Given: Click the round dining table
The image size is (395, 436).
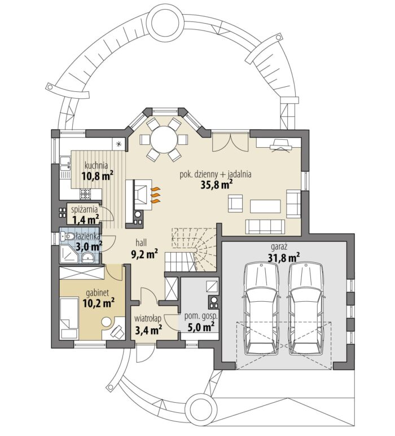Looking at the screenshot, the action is pos(164,139).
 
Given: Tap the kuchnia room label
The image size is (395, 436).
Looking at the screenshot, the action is pos(96,165).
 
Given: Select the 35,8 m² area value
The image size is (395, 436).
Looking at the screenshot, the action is pos(217,184).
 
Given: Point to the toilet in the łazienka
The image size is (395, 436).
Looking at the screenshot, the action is pos(68,236).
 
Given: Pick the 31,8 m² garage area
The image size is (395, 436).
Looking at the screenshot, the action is pos(284,257).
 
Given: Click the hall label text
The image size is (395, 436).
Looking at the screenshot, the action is pos(141,242).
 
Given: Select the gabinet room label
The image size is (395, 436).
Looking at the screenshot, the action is pos(98,293).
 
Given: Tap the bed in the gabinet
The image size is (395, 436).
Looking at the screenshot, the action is pos(69,318).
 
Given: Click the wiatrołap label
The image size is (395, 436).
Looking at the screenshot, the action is pos(148,318).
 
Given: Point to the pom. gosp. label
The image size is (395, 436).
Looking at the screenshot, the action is pos(201,316).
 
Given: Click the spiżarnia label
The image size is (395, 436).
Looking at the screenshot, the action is pos(84,209).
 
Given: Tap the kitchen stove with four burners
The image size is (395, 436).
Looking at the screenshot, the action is pos(85,194).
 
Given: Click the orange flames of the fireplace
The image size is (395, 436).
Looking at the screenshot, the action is pos(156,195).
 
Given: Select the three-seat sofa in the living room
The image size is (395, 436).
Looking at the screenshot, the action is pos(265,227).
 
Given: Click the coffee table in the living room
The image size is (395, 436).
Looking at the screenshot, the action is pos(265,206).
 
